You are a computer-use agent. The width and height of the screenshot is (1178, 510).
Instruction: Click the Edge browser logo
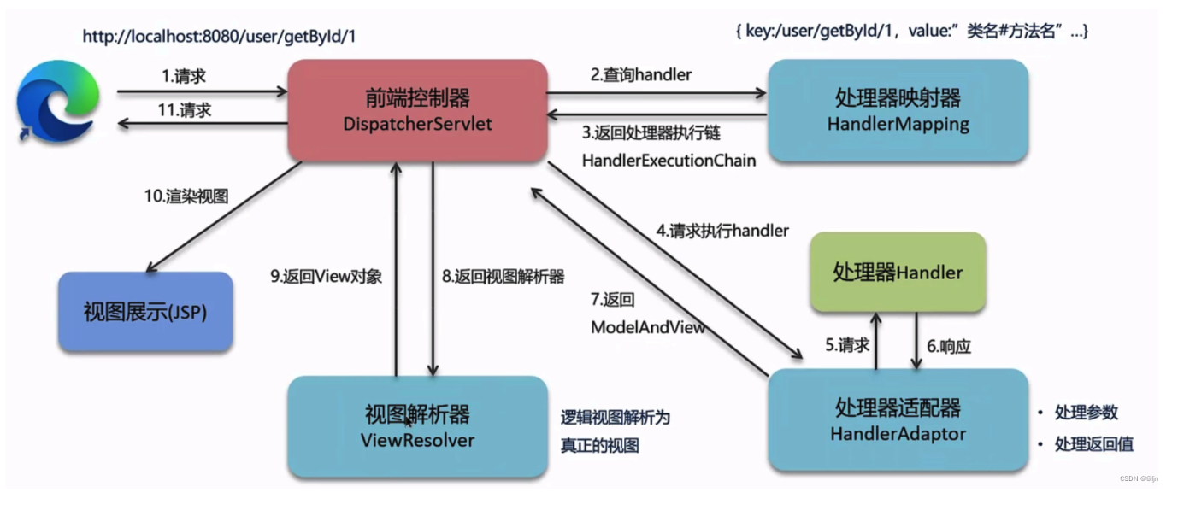[57, 103]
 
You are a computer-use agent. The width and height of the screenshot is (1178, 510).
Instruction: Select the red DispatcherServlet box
[417, 110]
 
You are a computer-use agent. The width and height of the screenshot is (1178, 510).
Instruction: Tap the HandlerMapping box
[898, 110]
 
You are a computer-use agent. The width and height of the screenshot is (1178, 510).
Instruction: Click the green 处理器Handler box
[898, 273]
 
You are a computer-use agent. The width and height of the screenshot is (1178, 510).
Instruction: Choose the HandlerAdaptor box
[898, 419]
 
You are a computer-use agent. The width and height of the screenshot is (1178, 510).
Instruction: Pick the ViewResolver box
[417, 426]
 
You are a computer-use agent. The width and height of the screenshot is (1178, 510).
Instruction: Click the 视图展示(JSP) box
[145, 312]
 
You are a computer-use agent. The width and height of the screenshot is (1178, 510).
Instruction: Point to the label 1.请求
[184, 77]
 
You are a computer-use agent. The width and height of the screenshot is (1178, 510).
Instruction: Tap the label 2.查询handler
[640, 75]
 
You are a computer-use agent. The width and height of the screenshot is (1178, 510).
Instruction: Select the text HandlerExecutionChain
[669, 160]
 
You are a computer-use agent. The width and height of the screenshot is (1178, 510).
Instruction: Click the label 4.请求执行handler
[722, 231]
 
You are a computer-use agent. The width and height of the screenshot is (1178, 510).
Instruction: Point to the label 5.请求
[847, 345]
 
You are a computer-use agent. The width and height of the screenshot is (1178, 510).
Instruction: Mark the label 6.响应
[949, 347]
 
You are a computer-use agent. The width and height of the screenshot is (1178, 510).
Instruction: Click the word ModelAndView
[648, 328]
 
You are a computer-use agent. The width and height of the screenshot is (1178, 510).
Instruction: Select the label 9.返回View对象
[326, 276]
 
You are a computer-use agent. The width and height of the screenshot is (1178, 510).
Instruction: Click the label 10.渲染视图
[186, 196]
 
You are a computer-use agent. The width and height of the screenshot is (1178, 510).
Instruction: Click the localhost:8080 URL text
[219, 37]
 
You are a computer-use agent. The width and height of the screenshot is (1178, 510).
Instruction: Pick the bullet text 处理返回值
[1094, 444]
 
